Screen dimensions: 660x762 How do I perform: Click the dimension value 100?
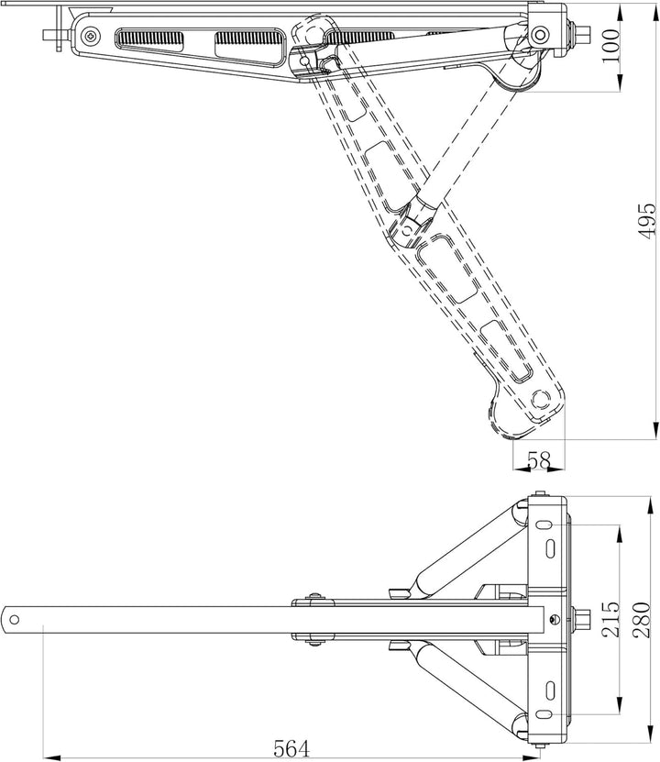point(610,45)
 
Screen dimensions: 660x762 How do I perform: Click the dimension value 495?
point(646,221)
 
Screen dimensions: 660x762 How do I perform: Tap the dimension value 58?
point(539,459)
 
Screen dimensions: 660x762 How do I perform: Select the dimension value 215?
point(610,619)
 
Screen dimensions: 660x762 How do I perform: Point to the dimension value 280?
point(641,620)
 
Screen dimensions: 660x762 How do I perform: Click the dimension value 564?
point(291,748)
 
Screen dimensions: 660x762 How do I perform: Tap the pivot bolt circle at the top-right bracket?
point(539,35)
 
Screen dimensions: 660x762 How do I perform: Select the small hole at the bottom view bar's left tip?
point(14,620)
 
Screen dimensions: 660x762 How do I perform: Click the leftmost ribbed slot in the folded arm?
point(149,39)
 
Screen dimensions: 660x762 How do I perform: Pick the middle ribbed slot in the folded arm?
point(247,46)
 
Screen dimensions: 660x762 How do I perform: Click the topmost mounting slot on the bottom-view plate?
point(543,525)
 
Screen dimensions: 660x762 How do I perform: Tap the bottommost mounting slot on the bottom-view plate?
point(543,714)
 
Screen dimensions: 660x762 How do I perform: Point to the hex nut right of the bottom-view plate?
point(581,620)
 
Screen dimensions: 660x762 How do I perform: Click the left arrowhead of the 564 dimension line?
point(51,757)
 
